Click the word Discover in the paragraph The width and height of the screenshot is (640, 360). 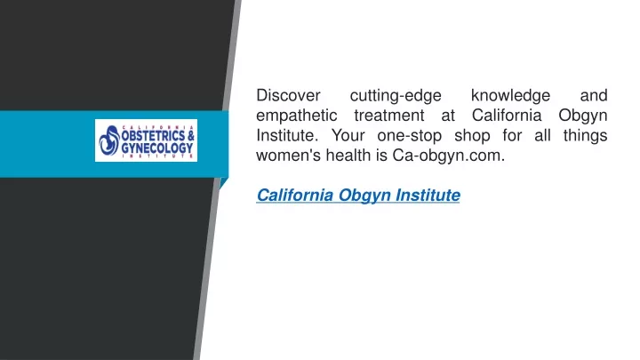(288, 95)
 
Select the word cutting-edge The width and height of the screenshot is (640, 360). (396, 96)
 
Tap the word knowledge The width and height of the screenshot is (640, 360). (510, 96)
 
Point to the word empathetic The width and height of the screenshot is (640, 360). (296, 116)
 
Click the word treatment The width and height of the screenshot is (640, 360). (389, 116)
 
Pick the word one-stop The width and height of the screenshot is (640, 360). (410, 136)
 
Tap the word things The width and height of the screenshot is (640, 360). (585, 136)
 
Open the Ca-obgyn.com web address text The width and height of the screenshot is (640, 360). (449, 156)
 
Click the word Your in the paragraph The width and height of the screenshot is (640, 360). (348, 135)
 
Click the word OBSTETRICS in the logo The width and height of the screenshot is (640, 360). (153, 135)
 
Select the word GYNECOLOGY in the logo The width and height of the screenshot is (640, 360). (157, 148)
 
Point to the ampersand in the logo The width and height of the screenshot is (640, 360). (190, 135)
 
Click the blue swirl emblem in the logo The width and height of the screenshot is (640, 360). (109, 140)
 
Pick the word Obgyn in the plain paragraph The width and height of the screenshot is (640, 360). (583, 116)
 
